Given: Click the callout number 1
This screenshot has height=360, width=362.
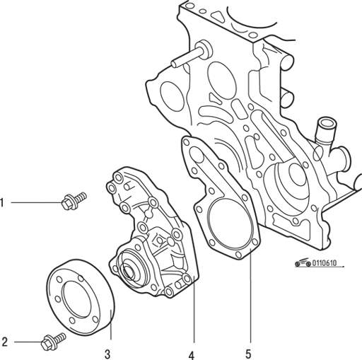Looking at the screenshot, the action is (x=2, y=203).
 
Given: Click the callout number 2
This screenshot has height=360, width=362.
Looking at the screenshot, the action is (x=4, y=342).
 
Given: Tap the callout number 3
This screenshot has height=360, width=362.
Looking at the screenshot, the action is (x=107, y=354).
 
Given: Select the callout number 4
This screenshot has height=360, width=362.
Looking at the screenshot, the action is (x=192, y=355).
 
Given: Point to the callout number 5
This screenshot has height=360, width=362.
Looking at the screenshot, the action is (x=248, y=354).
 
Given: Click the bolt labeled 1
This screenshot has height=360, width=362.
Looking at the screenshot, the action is (x=74, y=201).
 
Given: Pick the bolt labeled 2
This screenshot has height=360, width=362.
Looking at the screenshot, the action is (x=54, y=341).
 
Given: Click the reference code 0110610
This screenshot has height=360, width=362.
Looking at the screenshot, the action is (x=325, y=263).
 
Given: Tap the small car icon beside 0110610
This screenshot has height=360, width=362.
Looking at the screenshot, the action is (x=303, y=262).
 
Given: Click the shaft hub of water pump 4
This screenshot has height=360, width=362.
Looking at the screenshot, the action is (x=129, y=271).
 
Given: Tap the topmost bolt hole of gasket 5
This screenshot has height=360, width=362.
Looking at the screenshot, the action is (x=187, y=142).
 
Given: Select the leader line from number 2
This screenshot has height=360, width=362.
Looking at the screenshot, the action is (x=28, y=342).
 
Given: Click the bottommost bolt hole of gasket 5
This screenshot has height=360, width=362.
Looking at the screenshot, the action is (x=238, y=255).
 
